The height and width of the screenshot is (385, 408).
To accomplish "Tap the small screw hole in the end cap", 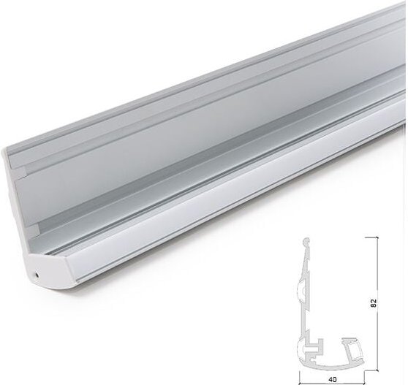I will pos(36,275).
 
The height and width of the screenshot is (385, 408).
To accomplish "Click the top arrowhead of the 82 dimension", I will pos(377,239).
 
